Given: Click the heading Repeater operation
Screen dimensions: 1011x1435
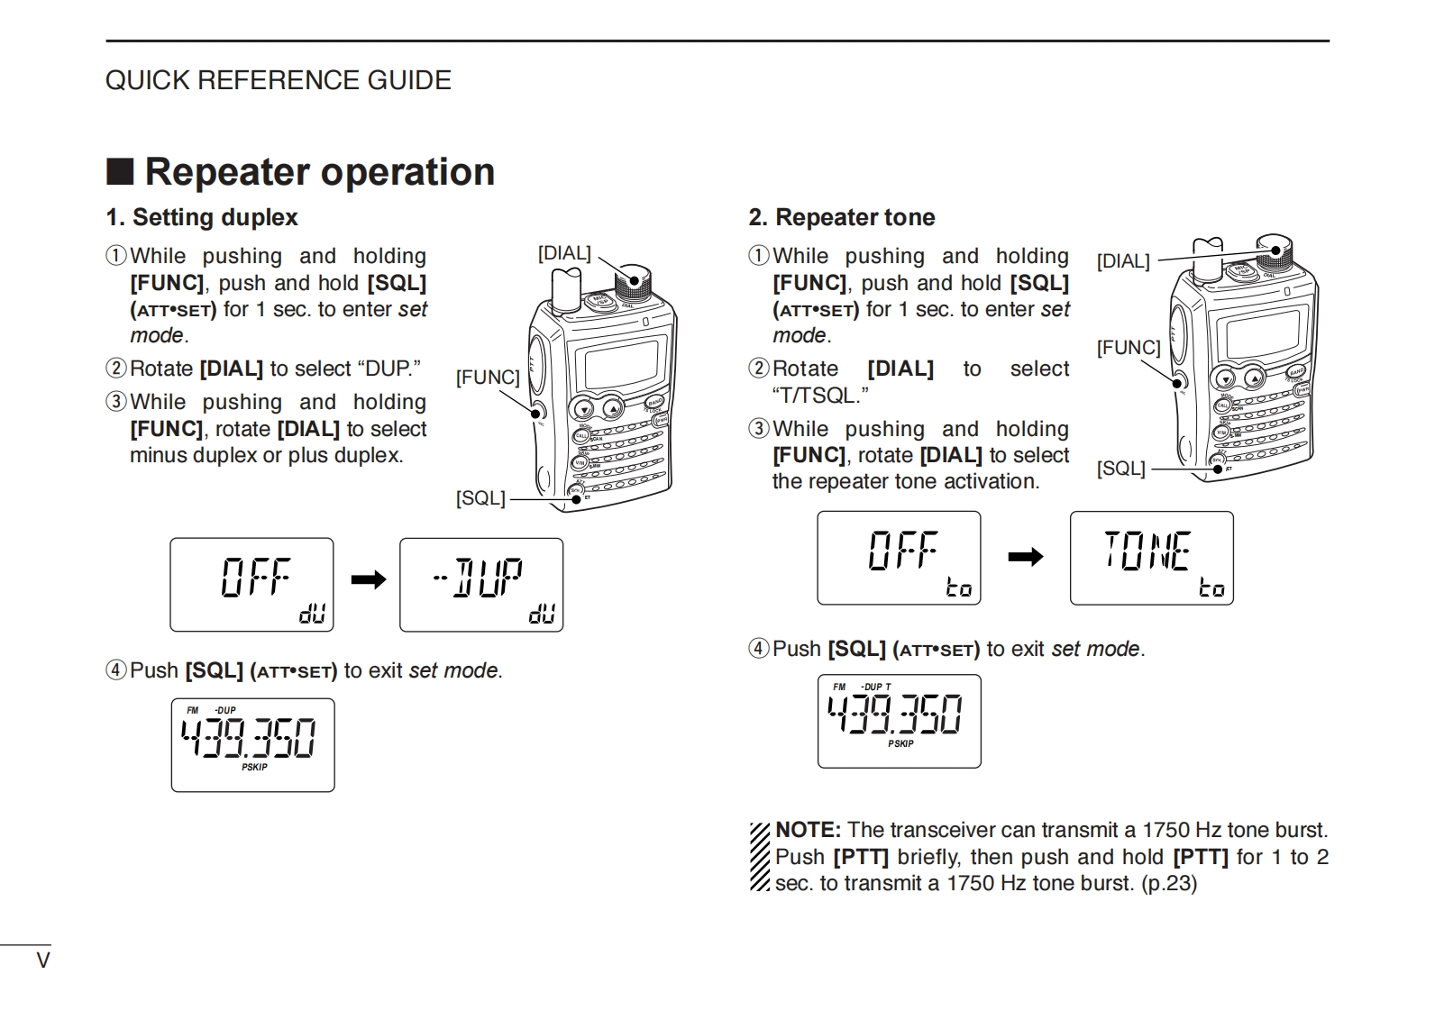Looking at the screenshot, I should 319,172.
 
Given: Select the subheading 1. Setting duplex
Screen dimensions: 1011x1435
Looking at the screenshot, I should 202,217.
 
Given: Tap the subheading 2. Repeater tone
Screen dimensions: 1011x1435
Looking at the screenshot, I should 842,217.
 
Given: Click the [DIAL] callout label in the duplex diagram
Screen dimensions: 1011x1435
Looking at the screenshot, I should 564,253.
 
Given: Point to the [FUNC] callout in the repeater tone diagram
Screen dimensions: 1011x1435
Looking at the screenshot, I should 1128,348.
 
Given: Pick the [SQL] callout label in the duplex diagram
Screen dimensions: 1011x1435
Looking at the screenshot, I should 480,498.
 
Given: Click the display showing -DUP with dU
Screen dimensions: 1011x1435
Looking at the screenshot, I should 481,585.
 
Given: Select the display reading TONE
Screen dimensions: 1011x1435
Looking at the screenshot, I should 1151,558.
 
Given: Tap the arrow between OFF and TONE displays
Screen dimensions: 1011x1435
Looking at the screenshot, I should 1025,558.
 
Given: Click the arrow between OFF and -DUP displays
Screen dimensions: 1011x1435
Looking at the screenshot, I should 368,579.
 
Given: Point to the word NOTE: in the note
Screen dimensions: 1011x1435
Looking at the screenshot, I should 808,830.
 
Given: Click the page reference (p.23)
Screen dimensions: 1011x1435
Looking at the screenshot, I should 1169,883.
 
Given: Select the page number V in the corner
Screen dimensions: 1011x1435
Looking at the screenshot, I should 42,961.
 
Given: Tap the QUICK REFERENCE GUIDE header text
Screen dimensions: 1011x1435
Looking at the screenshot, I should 279,80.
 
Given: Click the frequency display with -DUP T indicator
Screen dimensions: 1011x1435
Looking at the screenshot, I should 899,721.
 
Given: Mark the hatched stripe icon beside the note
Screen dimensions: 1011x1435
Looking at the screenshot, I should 760,856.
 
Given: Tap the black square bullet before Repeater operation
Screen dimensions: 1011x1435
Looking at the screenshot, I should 120,171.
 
